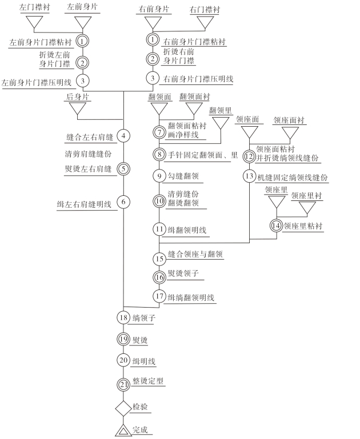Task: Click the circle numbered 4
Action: click(123, 136)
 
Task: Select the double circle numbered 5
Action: click(123, 168)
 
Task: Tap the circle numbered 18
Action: click(123, 317)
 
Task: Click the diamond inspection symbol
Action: click(124, 408)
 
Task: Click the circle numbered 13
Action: click(249, 176)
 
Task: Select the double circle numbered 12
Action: click(249, 156)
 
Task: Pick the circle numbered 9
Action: click(159, 176)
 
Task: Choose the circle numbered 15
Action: click(159, 259)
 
